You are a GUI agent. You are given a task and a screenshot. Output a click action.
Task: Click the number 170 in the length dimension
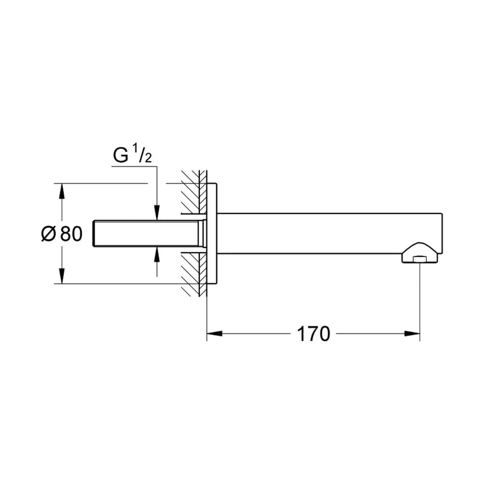tap(313, 334)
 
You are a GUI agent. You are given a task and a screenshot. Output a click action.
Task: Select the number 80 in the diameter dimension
tap(72, 234)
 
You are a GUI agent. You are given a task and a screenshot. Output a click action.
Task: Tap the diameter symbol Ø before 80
tap(48, 234)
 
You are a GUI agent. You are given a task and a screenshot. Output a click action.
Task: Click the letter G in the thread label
tap(121, 156)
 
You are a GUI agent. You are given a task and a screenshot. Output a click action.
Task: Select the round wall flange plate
tap(212, 233)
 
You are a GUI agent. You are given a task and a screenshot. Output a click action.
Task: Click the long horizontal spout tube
tap(327, 233)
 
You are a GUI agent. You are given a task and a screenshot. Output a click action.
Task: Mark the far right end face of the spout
tap(443, 233)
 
